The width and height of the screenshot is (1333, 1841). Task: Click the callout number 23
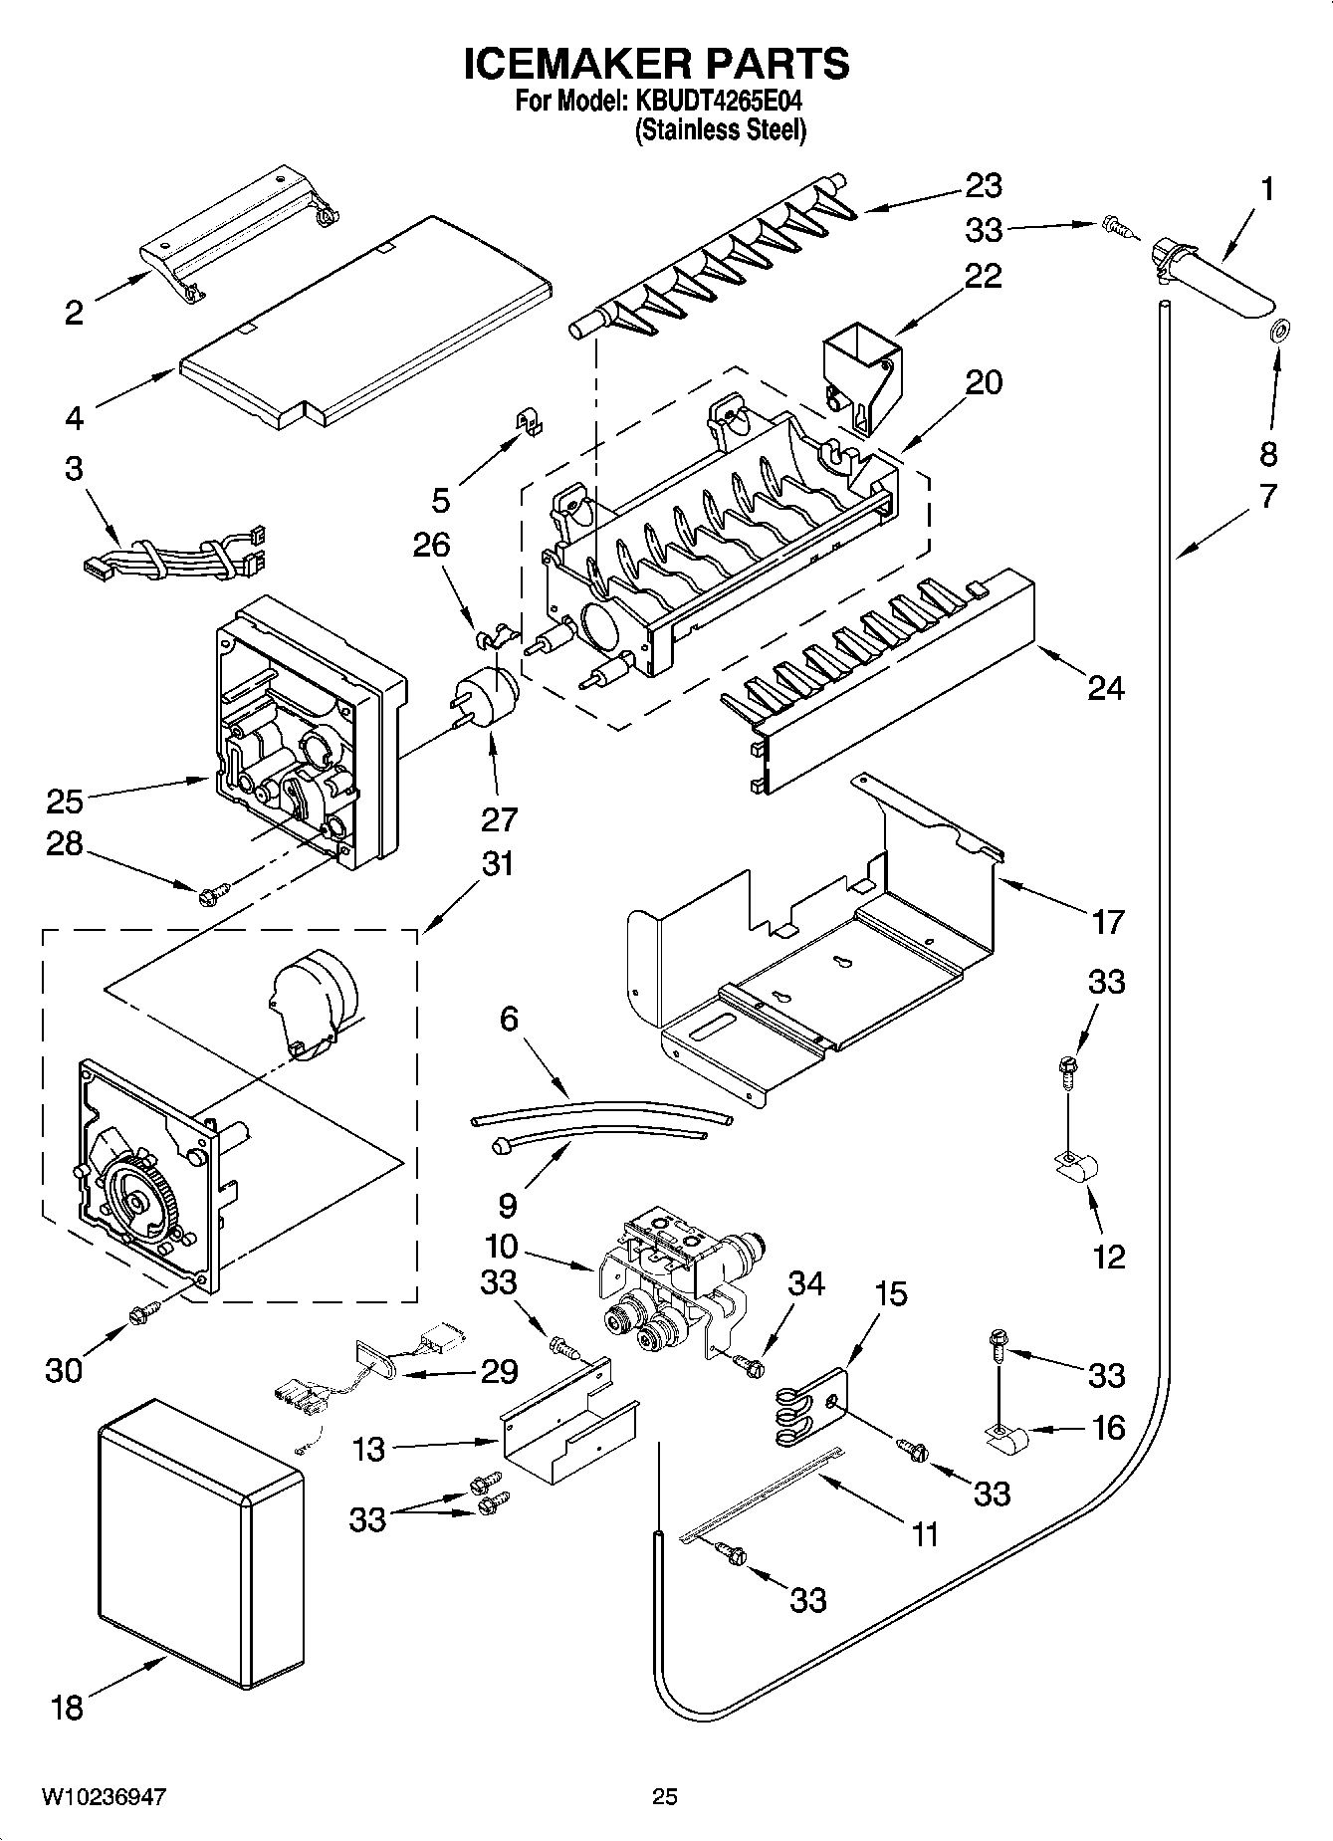(983, 186)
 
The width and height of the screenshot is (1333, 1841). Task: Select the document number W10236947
(104, 1797)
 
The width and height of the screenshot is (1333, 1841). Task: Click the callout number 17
(1107, 921)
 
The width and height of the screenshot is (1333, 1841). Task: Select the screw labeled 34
(747, 1365)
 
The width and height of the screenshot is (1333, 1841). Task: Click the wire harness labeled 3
(174, 560)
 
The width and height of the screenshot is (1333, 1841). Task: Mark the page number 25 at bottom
(664, 1797)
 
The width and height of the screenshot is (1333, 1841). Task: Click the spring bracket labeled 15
(808, 1406)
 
